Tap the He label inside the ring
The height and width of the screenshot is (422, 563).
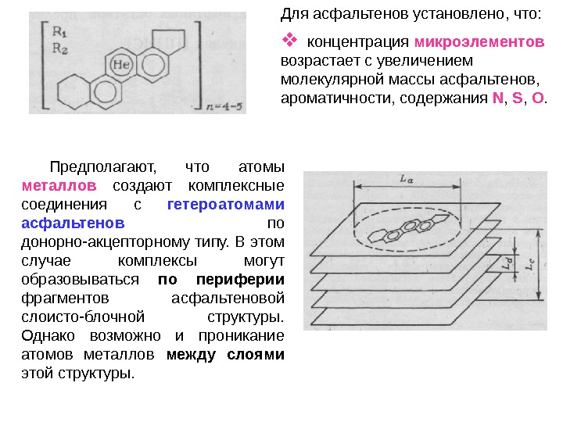coord(121,65)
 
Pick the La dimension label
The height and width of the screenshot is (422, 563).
coord(406,179)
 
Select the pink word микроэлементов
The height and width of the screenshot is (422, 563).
coord(479,41)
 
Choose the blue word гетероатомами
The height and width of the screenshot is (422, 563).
coord(226,205)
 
